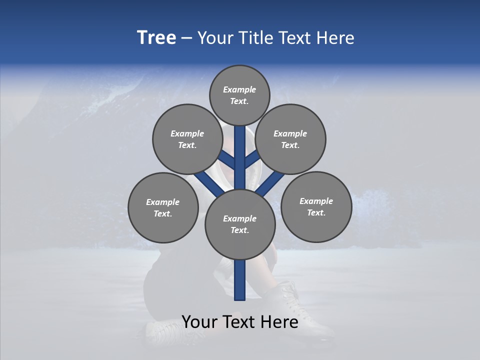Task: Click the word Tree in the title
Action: click(156, 38)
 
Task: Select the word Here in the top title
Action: click(336, 38)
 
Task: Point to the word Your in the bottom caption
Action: click(200, 321)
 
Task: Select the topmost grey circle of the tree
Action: click(239, 95)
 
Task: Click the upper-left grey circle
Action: click(187, 139)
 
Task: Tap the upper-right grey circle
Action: click(290, 139)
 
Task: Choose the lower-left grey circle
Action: click(163, 207)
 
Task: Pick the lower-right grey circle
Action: click(316, 206)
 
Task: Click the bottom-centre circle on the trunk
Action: click(240, 224)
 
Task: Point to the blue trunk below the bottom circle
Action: click(240, 280)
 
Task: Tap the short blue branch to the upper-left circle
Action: click(227, 160)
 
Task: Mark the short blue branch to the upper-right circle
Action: click(252, 160)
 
